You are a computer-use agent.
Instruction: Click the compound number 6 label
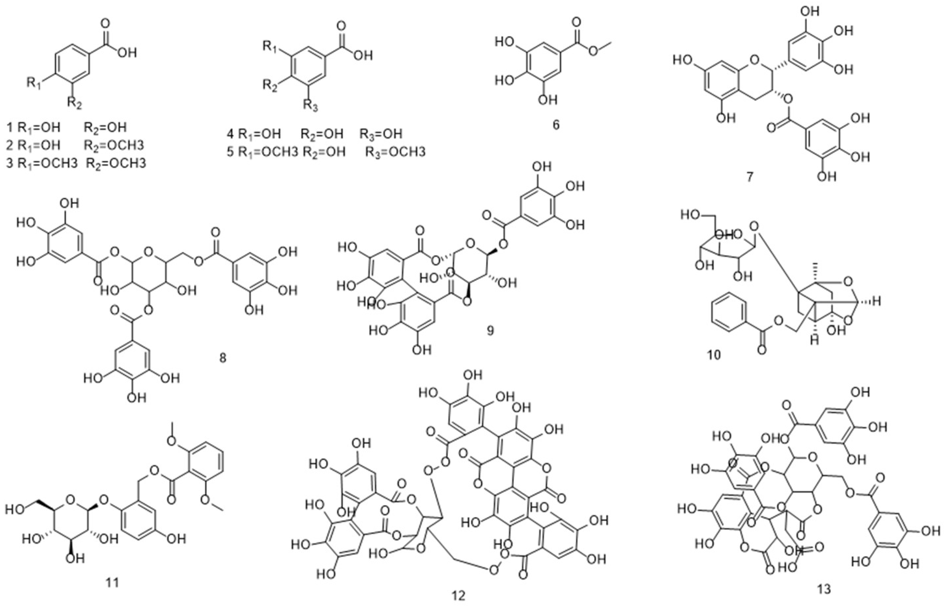point(556,125)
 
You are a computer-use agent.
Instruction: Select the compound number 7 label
point(750,177)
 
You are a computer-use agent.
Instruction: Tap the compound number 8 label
point(223,359)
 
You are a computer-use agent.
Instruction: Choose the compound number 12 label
point(459,595)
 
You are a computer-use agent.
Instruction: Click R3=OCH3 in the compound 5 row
point(395,152)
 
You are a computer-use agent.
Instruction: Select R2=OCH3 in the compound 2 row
point(114,145)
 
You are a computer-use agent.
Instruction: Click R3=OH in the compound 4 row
point(381,134)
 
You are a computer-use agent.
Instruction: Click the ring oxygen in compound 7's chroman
point(754,60)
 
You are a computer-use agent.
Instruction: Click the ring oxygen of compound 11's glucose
point(71,500)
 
